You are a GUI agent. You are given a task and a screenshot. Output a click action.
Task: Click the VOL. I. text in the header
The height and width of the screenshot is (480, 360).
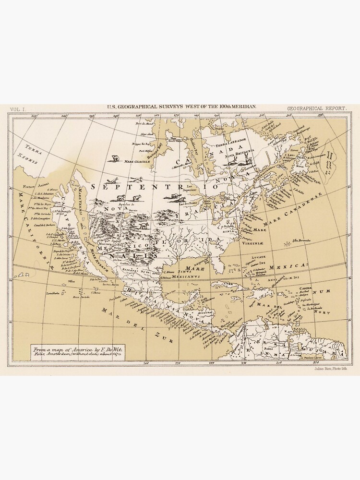tap(17, 109)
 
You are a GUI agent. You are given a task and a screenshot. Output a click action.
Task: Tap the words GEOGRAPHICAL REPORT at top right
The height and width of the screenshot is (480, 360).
tap(317, 109)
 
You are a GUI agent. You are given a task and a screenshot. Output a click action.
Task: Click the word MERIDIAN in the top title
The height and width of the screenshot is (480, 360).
tap(242, 108)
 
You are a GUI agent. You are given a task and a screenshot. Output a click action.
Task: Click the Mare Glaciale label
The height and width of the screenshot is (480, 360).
tap(138, 162)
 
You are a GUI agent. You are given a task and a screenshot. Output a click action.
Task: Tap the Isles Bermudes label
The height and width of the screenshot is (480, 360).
tap(301, 241)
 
